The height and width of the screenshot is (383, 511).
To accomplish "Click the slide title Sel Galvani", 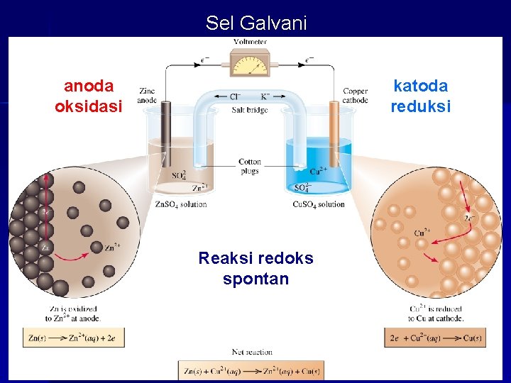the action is pos(256,23).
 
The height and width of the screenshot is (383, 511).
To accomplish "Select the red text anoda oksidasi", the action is pos(89,96).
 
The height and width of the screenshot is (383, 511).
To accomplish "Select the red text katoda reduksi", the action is pos(421,96).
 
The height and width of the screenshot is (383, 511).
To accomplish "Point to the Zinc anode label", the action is pos(148,96).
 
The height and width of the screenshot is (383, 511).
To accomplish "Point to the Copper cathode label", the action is pos(356,96).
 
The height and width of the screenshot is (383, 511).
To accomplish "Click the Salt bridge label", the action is pos(250,110).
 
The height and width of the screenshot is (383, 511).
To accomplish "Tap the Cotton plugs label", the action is pos(250,167).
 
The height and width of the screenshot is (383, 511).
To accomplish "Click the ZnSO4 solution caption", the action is pos(181,204).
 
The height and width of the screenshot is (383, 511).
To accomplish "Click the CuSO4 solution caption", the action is pos(319,204).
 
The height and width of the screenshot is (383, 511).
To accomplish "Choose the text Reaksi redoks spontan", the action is pos(255,268).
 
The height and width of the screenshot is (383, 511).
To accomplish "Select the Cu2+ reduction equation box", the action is pos(435,338).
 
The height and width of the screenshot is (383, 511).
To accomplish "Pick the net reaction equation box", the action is pos(251,370).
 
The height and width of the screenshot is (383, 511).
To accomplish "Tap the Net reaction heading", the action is pos(252,352).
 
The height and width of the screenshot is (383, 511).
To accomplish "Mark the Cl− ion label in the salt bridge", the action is pos(235,96).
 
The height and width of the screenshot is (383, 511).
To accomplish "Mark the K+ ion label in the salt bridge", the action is pos(265,96).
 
